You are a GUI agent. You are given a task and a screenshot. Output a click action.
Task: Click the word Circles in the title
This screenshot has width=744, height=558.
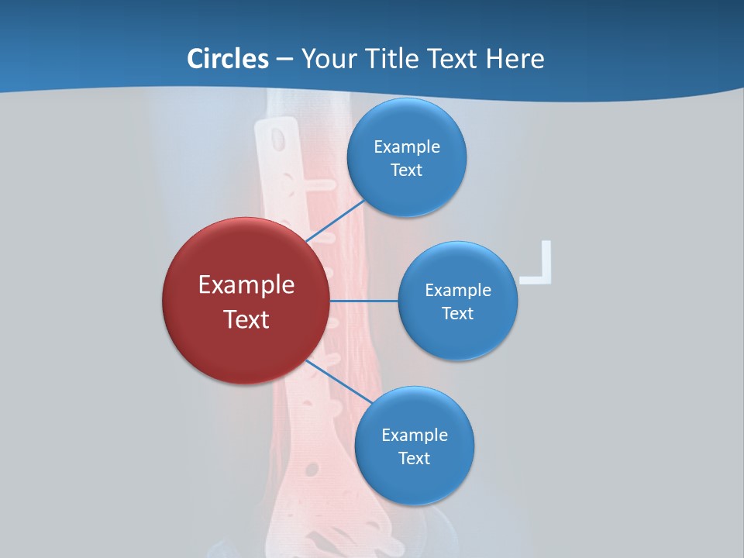tap(227, 58)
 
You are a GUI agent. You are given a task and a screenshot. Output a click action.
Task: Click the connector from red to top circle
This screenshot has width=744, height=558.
tap(335, 221)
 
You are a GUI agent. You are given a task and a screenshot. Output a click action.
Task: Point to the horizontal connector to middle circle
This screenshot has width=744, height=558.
tap(364, 300)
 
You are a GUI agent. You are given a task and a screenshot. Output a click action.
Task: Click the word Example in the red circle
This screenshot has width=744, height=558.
tap(246, 284)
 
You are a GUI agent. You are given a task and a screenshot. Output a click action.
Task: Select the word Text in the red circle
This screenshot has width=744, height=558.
tap(246, 319)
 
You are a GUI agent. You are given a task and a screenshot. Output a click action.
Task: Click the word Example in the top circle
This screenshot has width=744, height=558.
tap(406, 146)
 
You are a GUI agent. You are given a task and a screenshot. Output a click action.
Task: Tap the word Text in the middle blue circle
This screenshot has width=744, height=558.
tap(457, 313)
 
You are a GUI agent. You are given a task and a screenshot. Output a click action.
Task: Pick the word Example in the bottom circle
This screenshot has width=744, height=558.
tap(414, 435)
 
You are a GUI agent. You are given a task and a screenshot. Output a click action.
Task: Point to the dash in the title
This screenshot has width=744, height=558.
tap(284, 59)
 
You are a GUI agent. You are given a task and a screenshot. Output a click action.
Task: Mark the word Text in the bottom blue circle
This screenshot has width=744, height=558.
tap(414, 458)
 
